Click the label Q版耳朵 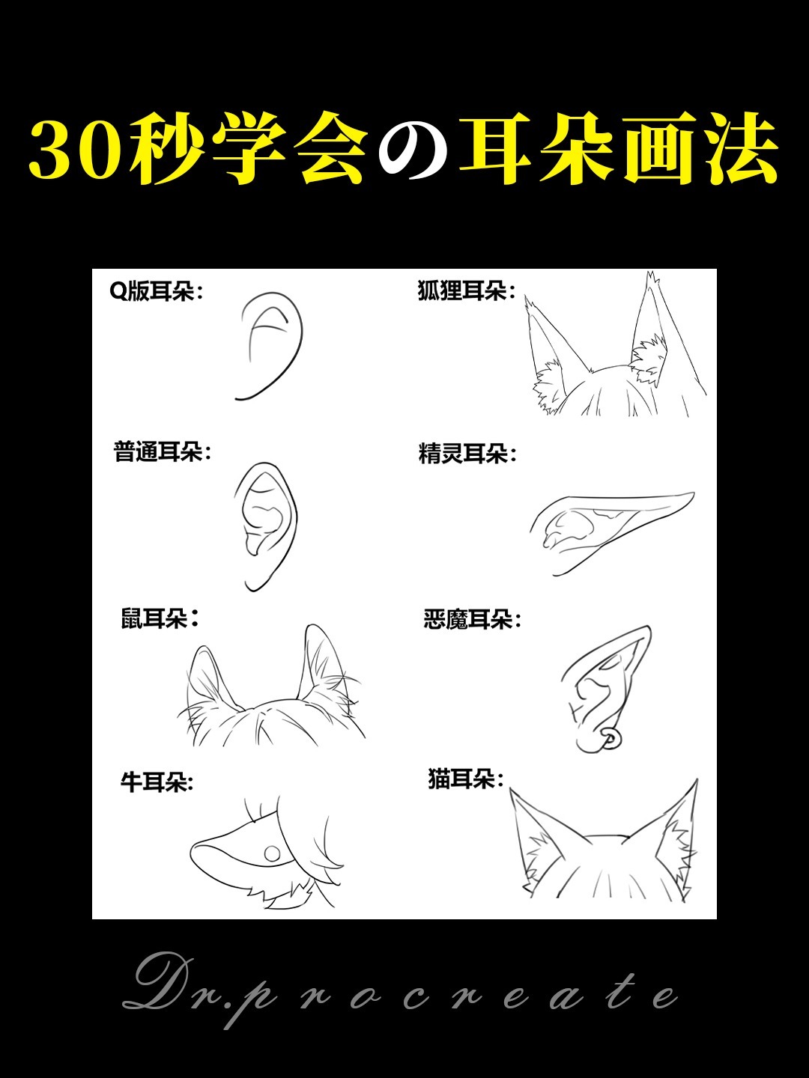[156, 292]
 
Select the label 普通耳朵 [162, 452]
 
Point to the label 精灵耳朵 [467, 454]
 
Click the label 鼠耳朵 [160, 619]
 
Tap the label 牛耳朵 [157, 783]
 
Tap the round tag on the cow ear [272, 853]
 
